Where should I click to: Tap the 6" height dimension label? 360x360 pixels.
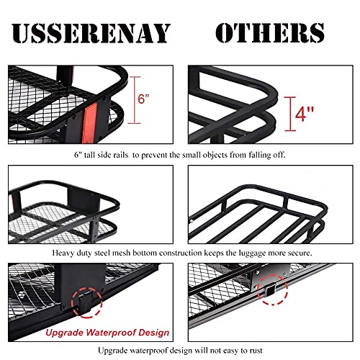(x=143, y=99)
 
